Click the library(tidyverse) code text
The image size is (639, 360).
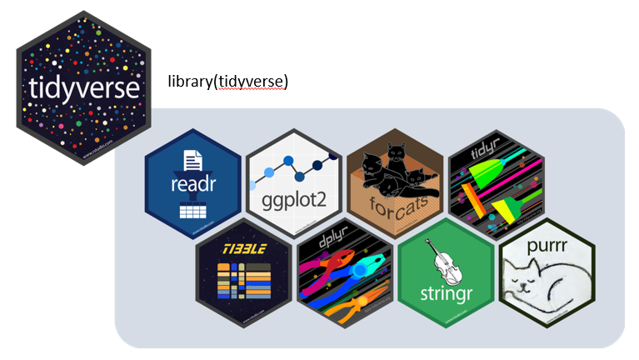(x=227, y=81)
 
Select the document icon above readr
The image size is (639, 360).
(x=193, y=158)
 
